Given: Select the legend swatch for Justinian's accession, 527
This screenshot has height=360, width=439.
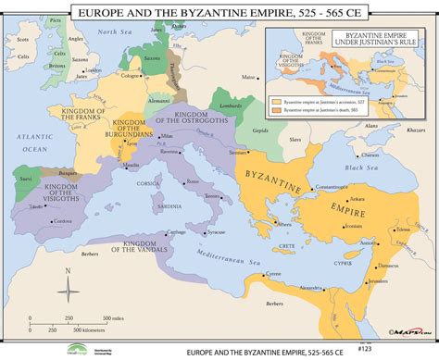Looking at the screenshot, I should (x=275, y=97).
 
